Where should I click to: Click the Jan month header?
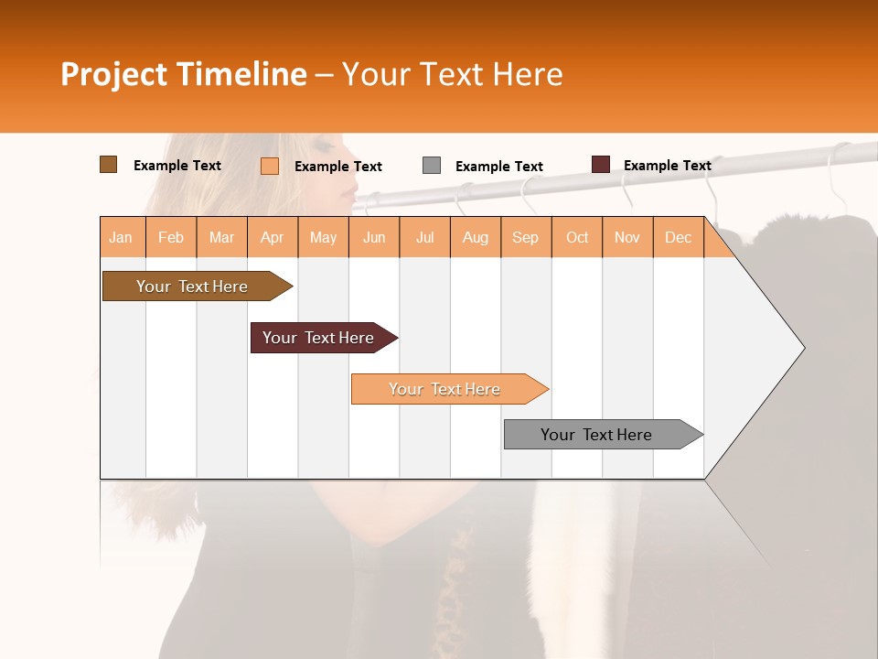122,237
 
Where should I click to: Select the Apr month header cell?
273,237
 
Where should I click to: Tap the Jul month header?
424,237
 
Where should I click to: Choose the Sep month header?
526,237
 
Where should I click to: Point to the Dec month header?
678,237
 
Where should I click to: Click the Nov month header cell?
627,237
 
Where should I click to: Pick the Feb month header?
171,237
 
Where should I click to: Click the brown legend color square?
108,165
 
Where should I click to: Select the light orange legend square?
270,166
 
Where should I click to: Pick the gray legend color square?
432,166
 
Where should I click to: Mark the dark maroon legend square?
601,165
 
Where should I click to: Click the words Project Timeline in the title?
184,74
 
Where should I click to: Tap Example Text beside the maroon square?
667,166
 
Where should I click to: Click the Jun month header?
374,237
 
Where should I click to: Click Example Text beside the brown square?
177,166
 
